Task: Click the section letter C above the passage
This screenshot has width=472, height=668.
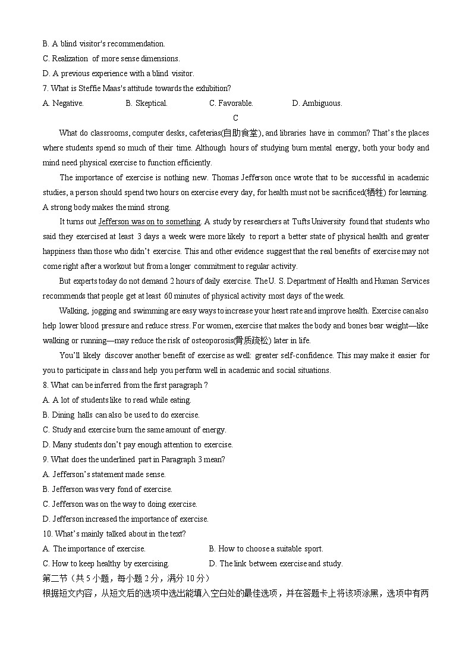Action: coord(235,118)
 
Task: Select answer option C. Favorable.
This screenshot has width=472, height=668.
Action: coord(231,103)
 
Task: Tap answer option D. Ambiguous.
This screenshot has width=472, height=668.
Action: coord(317,103)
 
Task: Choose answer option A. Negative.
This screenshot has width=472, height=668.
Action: coord(63,103)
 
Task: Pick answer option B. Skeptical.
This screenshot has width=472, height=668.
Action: coord(146,103)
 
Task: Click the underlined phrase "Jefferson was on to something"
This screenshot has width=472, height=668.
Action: coord(149,222)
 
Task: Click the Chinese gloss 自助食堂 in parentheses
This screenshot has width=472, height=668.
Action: coord(240,133)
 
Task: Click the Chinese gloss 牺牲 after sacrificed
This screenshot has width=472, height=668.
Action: coord(375,192)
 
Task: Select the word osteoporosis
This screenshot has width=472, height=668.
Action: coord(212,341)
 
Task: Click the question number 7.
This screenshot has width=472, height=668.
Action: coord(45,88)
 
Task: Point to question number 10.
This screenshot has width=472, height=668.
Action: coord(47,534)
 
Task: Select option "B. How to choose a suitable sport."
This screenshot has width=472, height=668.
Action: coord(266,548)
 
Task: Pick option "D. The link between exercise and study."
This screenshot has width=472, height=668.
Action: coord(276,563)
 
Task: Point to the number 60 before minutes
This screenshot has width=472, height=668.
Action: coord(168,296)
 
